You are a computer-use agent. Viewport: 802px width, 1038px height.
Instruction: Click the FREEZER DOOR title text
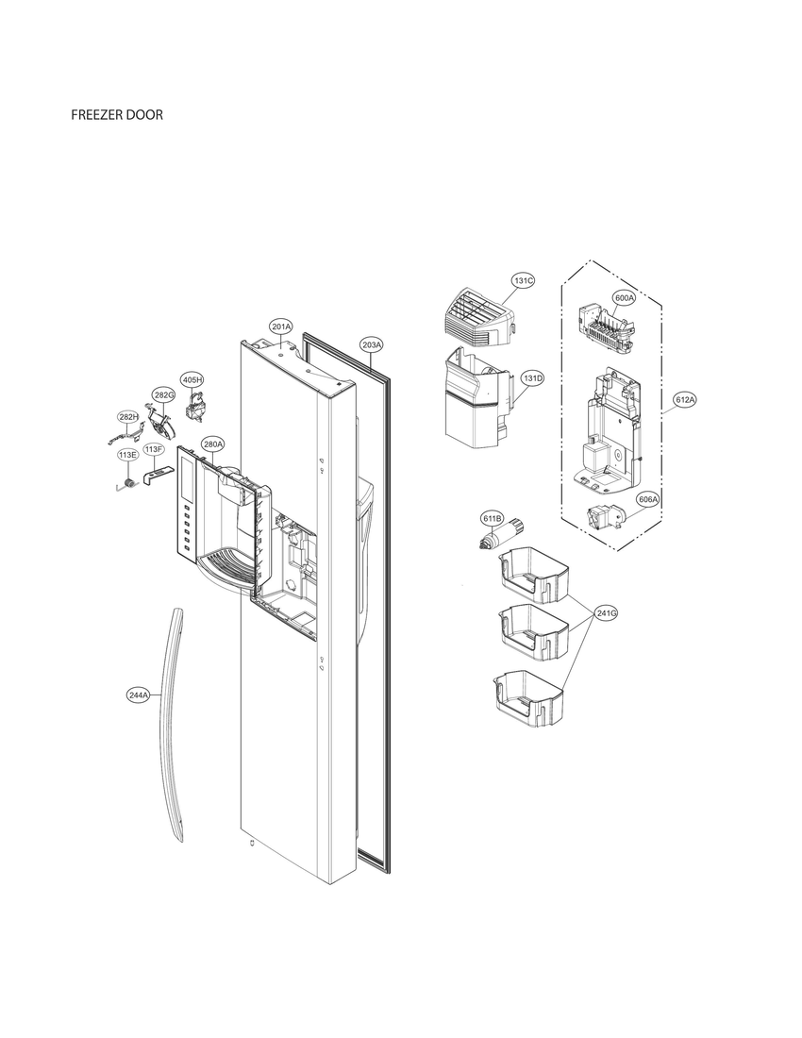tap(117, 115)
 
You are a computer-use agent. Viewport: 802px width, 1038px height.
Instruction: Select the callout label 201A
tap(280, 326)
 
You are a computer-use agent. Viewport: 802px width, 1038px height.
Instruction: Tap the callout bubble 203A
tap(372, 345)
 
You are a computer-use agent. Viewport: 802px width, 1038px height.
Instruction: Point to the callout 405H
tap(192, 379)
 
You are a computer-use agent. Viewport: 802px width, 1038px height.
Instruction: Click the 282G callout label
tap(164, 394)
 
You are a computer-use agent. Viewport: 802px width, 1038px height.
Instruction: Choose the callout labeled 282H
tap(128, 416)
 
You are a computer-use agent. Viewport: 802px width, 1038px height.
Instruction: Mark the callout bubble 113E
tap(127, 455)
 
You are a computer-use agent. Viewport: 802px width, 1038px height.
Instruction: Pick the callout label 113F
tap(154, 449)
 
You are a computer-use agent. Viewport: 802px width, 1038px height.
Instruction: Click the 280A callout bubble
tap(212, 444)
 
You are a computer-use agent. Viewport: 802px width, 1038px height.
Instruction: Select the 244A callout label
tap(138, 695)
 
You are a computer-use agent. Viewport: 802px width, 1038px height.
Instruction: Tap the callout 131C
tap(524, 280)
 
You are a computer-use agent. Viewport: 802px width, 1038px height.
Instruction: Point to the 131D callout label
tap(532, 378)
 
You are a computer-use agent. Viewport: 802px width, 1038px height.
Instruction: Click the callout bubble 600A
tap(624, 297)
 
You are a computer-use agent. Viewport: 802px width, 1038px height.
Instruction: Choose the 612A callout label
tap(684, 400)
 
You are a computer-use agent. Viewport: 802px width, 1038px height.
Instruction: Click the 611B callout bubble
tap(493, 519)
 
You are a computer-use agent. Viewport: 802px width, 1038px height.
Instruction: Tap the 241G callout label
tap(607, 613)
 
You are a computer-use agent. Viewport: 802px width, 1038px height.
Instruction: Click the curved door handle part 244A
tap(171, 717)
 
